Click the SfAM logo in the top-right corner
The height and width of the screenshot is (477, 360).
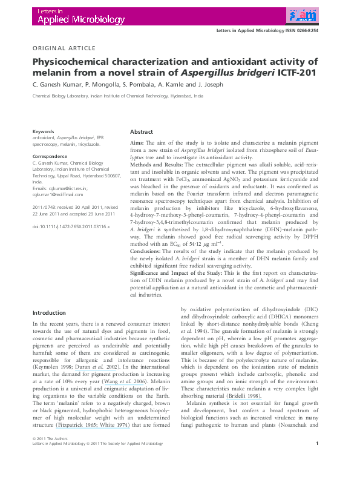pyautogui.click(x=301, y=15)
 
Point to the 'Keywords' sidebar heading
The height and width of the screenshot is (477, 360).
pyautogui.click(x=43, y=131)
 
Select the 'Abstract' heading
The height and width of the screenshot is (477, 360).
pyautogui.click(x=142, y=131)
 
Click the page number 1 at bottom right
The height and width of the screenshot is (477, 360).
pyautogui.click(x=317, y=461)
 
